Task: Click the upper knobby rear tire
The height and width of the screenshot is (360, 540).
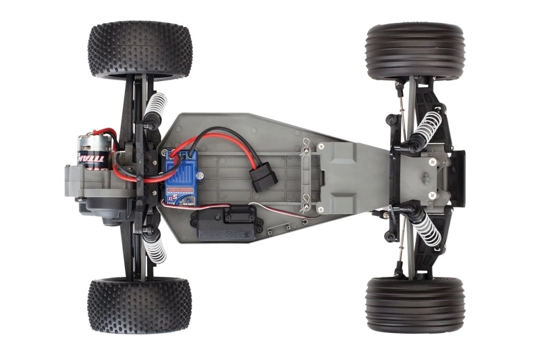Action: point(140,51)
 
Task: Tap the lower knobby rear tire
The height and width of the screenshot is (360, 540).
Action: point(139,305)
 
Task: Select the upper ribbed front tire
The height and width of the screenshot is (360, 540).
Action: point(414,52)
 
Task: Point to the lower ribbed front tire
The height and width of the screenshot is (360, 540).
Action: point(414,305)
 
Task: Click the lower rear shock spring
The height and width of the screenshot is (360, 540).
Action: point(155,246)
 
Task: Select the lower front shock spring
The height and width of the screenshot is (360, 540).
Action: point(427,228)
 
